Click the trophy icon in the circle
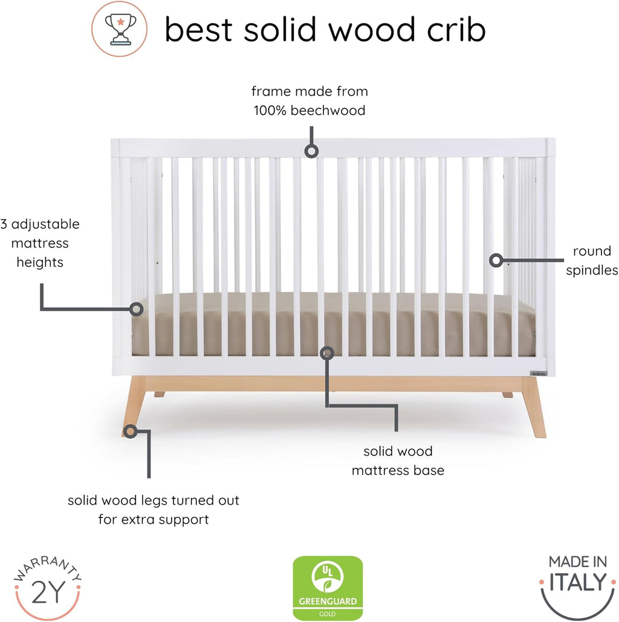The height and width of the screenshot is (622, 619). tap(119, 28)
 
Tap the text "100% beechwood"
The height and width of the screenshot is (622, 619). tap(309, 111)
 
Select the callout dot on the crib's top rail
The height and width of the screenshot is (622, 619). tap(311, 151)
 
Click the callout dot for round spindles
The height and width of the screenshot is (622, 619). tap(496, 261)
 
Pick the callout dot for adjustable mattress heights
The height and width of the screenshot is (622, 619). tap(137, 308)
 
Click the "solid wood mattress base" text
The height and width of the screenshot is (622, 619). tap(398, 461)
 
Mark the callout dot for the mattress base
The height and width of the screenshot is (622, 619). tap(327, 352)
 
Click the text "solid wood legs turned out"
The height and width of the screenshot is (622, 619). tap(154, 501)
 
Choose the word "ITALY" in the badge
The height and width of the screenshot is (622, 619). tap(577, 582)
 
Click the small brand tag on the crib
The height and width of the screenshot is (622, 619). tap(539, 372)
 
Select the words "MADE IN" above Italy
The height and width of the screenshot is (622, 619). tap(577, 562)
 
